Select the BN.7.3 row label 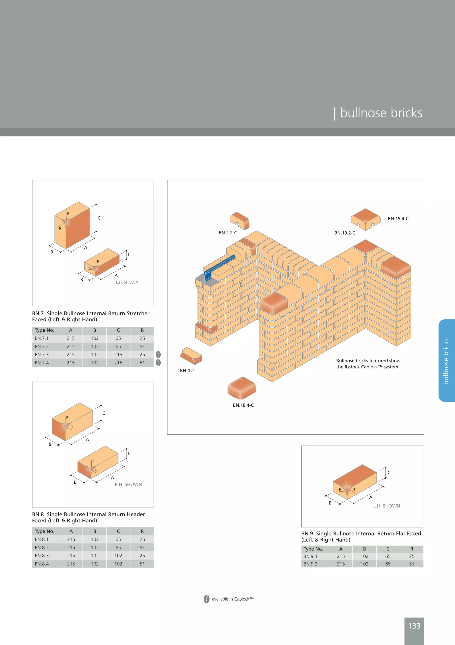coord(42,355)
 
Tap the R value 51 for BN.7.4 coord(142,363)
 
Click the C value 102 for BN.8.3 coord(118,556)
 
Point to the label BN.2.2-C coord(228,233)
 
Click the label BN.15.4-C coord(398,219)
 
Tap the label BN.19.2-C coord(345,233)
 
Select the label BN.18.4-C coord(243,405)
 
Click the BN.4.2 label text coord(187,371)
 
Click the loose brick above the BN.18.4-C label coord(242,388)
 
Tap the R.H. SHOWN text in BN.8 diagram coord(128,485)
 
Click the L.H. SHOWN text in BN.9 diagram coord(387,506)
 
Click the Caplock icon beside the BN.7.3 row coord(158,355)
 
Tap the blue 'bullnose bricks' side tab coord(446,361)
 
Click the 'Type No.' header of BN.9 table coord(313,549)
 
